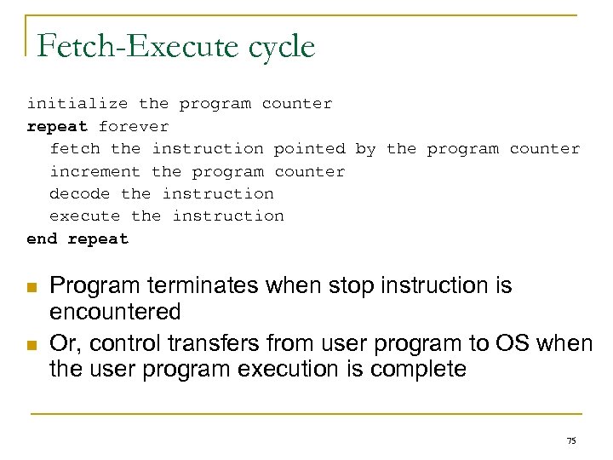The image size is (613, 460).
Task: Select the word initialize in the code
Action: tap(77, 104)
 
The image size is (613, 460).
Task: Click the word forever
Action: tap(134, 126)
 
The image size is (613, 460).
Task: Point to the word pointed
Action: tap(309, 149)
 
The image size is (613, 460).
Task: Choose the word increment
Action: tap(95, 171)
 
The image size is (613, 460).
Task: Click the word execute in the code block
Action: tap(84, 216)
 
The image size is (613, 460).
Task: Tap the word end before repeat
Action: tap(42, 239)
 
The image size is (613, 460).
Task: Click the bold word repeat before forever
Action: tap(57, 126)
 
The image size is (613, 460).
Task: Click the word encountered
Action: tap(116, 311)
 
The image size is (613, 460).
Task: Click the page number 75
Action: tap(570, 440)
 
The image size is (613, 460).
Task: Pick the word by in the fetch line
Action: tap(365, 149)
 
